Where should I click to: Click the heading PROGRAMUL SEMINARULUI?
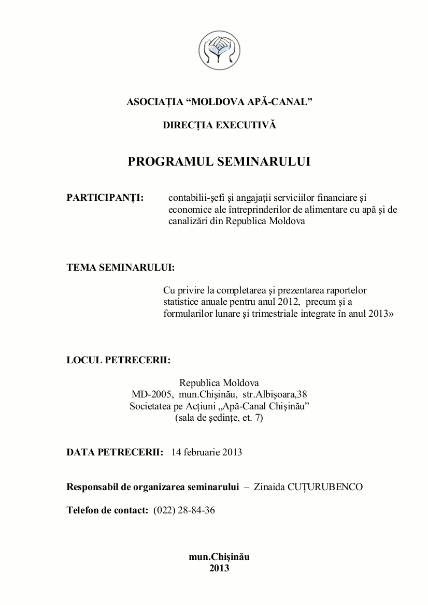click(x=219, y=161)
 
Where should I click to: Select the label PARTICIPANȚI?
click(x=105, y=198)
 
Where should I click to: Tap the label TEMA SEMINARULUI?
click(x=121, y=268)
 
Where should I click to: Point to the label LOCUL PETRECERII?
click(x=119, y=360)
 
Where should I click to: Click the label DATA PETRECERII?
click(x=115, y=452)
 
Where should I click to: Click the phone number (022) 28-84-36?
click(x=184, y=510)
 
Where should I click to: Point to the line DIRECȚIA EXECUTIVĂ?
click(x=219, y=125)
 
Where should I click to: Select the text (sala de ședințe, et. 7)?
click(x=219, y=417)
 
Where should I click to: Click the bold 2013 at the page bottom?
click(x=219, y=568)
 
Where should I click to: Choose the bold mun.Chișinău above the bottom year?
click(x=219, y=557)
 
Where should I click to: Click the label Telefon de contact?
click(x=108, y=510)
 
